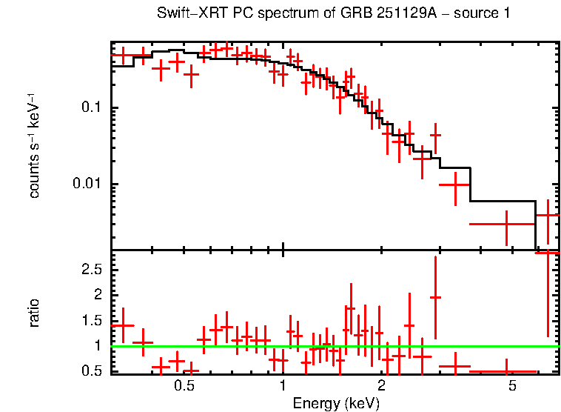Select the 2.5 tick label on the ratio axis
(92, 270)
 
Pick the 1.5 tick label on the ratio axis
(92, 321)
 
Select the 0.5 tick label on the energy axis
(184, 387)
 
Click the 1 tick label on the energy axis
(283, 387)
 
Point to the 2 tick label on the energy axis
(381, 387)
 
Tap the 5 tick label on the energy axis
(511, 387)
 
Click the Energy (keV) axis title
(336, 403)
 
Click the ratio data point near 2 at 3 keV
(436, 297)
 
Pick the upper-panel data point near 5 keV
(507, 223)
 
